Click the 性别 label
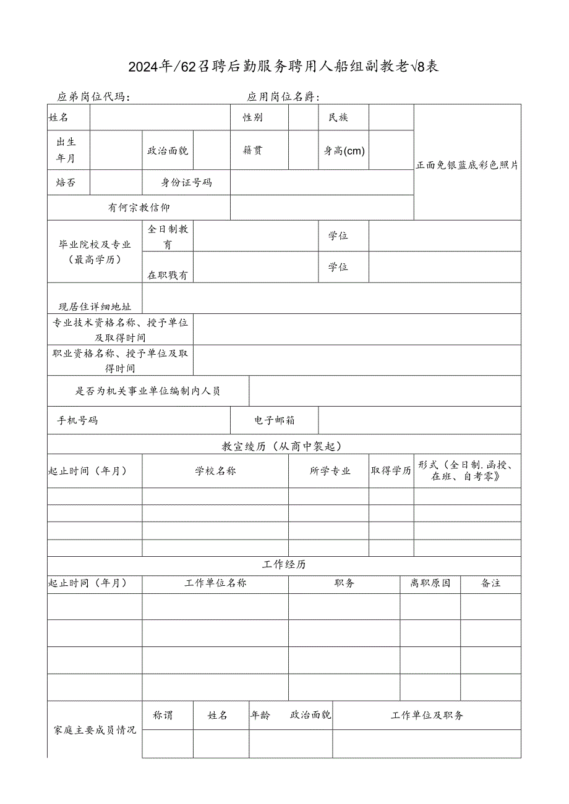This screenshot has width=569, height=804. click(x=252, y=117)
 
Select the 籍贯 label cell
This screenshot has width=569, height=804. click(x=252, y=150)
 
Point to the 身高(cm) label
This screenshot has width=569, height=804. click(x=344, y=150)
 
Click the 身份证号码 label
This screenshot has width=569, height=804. click(x=186, y=182)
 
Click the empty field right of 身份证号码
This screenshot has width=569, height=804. click(x=322, y=182)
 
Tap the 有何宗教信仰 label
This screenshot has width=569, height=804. click(x=139, y=208)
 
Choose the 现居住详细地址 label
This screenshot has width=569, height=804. click(x=95, y=307)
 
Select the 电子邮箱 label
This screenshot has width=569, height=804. click(x=275, y=421)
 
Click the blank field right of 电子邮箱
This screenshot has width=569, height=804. click(x=419, y=421)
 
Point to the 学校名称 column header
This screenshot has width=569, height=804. click(x=215, y=471)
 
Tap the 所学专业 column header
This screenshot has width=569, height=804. click(x=330, y=471)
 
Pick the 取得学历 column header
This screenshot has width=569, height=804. click(x=391, y=471)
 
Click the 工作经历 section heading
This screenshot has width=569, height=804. click(x=284, y=565)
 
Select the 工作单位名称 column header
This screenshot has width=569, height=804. click(x=215, y=583)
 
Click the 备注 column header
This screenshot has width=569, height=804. click(x=490, y=583)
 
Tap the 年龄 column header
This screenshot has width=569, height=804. click(x=260, y=716)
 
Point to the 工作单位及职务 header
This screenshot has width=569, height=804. click(x=427, y=716)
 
